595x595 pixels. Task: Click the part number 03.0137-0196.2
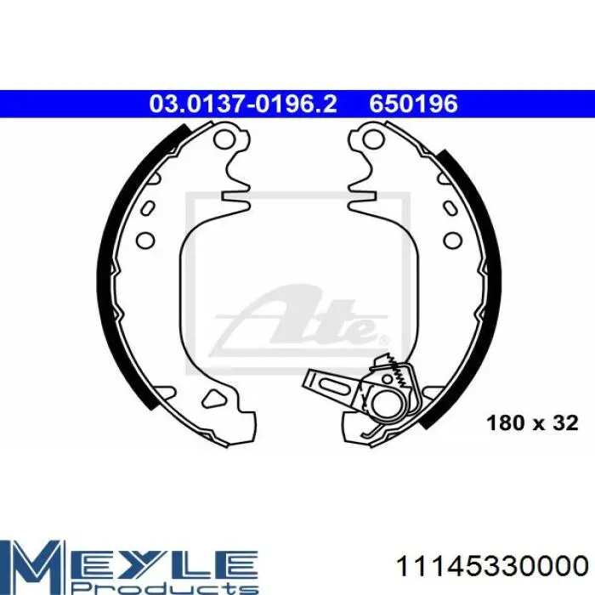pos(243,104)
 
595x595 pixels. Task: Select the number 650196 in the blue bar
pos(414,104)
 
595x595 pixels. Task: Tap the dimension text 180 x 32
pos(532,422)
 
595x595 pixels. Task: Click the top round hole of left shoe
pos(223,139)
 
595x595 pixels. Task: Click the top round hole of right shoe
pos(372,139)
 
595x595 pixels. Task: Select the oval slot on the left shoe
pos(148,208)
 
